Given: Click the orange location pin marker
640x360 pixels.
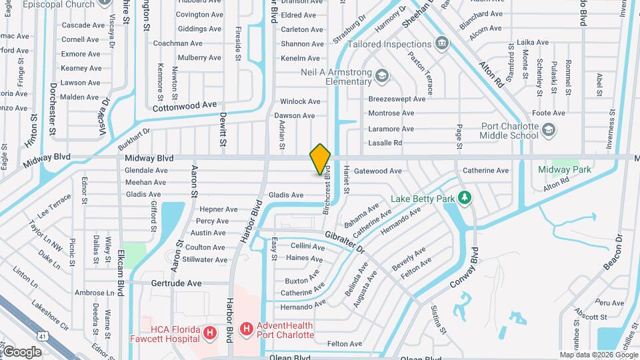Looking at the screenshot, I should (x=320, y=159).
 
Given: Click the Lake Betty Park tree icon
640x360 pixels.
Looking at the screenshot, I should (x=465, y=198).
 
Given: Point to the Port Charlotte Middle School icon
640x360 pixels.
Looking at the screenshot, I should (x=548, y=131).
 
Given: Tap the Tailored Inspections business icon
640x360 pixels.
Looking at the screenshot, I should (x=441, y=44).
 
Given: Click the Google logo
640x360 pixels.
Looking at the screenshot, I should (x=21, y=351).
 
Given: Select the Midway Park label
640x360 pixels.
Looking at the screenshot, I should (x=565, y=169).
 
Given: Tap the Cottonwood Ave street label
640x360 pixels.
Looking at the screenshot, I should (x=185, y=105).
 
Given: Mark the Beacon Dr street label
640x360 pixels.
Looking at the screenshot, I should (x=613, y=253).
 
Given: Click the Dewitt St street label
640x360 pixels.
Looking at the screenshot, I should (x=223, y=129).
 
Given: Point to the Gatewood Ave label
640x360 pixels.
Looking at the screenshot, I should (x=377, y=171).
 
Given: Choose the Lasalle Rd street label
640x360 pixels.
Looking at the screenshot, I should (x=385, y=143).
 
